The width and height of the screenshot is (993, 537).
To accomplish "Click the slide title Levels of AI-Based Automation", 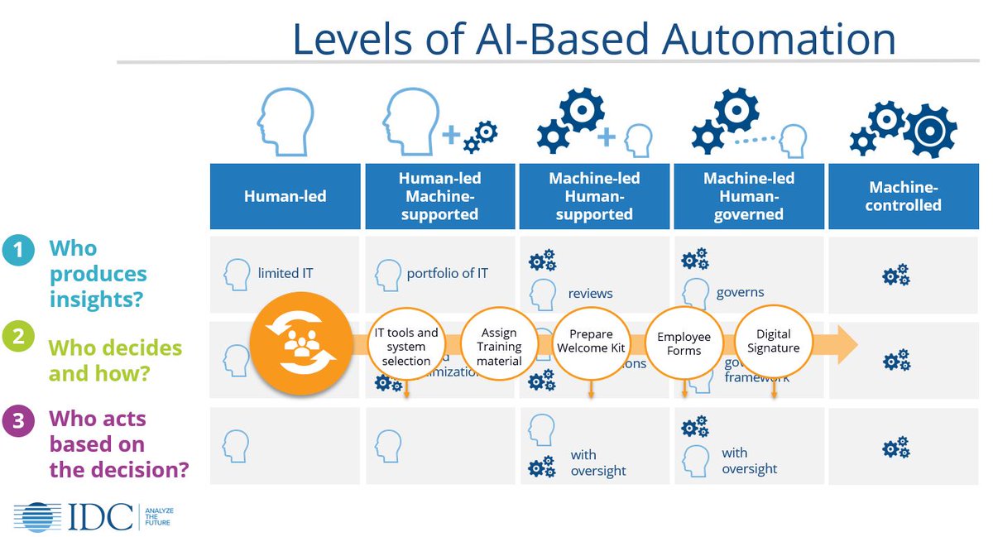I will (593, 40).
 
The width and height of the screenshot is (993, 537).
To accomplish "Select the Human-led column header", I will (285, 196).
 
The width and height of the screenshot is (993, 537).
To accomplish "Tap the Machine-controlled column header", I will (903, 196).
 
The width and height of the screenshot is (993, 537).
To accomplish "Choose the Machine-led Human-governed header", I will (749, 196).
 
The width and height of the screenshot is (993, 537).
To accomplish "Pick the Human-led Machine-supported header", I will (439, 196).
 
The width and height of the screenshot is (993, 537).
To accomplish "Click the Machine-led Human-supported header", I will (594, 196).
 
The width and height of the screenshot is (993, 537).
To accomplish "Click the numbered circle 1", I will (18, 249).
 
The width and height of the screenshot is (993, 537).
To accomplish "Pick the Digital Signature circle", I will (773, 342).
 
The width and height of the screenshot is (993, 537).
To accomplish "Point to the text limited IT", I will (285, 273).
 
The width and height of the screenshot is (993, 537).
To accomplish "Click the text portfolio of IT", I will (447, 273).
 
